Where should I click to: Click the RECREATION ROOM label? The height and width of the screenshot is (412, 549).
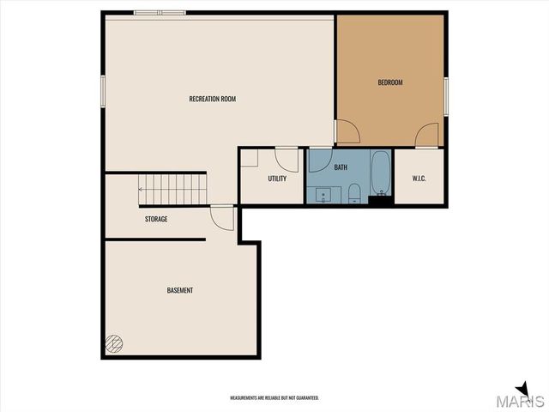pyautogui.click(x=212, y=99)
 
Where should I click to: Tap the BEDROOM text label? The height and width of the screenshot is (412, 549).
pyautogui.click(x=390, y=82)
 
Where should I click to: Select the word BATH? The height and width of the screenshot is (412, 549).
pyautogui.click(x=341, y=167)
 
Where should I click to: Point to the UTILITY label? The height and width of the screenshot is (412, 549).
pyautogui.click(x=277, y=179)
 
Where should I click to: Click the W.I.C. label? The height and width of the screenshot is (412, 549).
pyautogui.click(x=419, y=179)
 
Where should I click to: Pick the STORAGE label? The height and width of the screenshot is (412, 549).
pyautogui.click(x=155, y=219)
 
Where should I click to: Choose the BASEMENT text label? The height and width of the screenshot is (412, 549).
pyautogui.click(x=180, y=290)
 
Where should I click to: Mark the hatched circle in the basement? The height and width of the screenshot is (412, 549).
pyautogui.click(x=112, y=344)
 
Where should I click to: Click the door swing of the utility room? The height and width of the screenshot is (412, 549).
pyautogui.click(x=287, y=159)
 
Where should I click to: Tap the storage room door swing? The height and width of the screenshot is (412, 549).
pyautogui.click(x=222, y=217)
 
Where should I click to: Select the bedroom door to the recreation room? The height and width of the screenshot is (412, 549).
pyautogui.click(x=347, y=133)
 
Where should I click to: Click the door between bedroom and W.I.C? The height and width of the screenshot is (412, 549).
pyautogui.click(x=428, y=136)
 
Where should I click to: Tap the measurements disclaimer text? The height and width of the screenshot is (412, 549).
pyautogui.click(x=274, y=398)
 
